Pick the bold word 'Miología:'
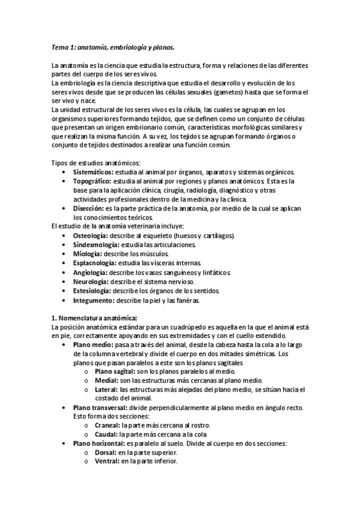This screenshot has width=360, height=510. pyautogui.click(x=89, y=254)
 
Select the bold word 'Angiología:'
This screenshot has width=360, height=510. pyautogui.click(x=91, y=272)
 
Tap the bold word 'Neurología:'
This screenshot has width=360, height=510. pyautogui.click(x=91, y=281)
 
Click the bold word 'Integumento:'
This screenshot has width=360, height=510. pyautogui.click(x=94, y=300)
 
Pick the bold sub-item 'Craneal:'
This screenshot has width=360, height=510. pyautogui.click(x=107, y=425)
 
